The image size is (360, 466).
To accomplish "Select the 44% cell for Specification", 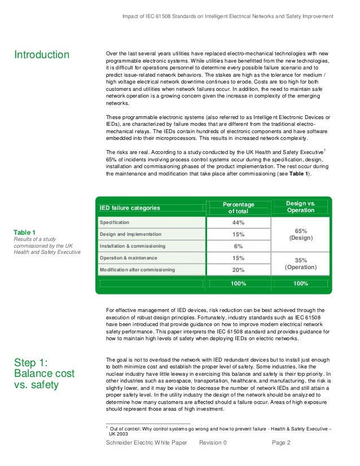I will pyautogui.click(x=238, y=223).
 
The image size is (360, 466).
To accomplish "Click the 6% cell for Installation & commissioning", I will pyautogui.click(x=238, y=246).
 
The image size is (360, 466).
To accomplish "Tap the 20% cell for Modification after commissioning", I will pyautogui.click(x=238, y=270).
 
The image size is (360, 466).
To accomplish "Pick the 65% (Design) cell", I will pyautogui.click(x=301, y=234).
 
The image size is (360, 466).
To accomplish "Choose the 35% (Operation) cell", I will pyautogui.click(x=301, y=263).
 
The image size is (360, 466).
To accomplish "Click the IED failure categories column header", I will pyautogui.click(x=130, y=208).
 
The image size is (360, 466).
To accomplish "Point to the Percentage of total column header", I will pyautogui.click(x=238, y=208).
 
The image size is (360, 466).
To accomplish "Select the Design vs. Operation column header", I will pyautogui.click(x=301, y=206).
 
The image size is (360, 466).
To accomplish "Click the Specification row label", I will pyautogui.click(x=115, y=223).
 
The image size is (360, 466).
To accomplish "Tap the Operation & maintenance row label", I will pyautogui.click(x=128, y=258).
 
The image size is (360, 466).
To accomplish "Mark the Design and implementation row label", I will pyautogui.click(x=130, y=234).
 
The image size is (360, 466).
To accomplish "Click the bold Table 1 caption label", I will pyautogui.click(x=25, y=232).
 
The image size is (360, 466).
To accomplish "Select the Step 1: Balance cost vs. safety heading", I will pyautogui.click(x=44, y=373).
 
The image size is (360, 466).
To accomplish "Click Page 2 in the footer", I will pyautogui.click(x=281, y=443).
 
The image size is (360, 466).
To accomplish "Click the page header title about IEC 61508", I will pyautogui.click(x=227, y=16).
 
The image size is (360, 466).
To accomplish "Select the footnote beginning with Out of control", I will pyautogui.click(x=220, y=432).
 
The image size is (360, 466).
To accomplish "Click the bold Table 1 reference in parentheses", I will pyautogui.click(x=298, y=174).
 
